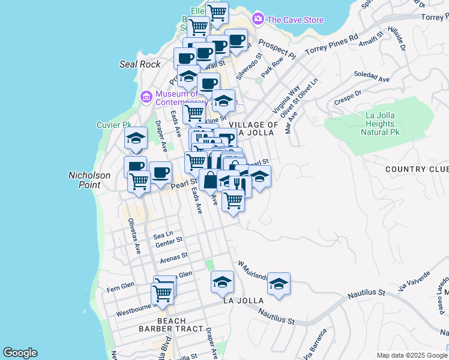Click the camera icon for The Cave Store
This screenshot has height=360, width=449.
click(258, 19)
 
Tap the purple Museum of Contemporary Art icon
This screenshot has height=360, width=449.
click(146, 96)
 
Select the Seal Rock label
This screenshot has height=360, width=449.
click(140, 64)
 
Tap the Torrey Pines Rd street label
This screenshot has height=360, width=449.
click(333, 47)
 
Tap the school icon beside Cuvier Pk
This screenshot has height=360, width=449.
click(136, 138)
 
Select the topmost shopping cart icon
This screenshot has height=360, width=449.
click(217, 11)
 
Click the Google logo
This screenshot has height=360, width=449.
click(20, 353)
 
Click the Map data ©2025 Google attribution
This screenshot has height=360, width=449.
click(411, 355)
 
